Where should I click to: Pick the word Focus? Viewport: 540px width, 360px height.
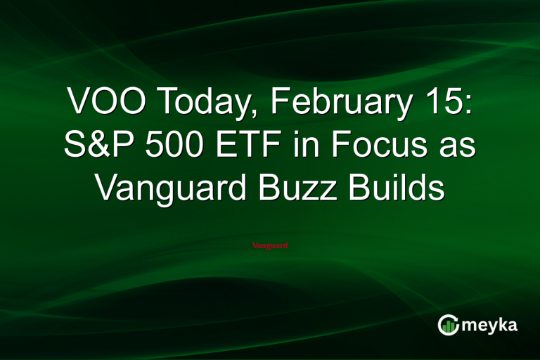[x=373, y=146]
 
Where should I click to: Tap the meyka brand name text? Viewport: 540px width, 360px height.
[x=489, y=326]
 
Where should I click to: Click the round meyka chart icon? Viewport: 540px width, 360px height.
[x=448, y=325]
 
